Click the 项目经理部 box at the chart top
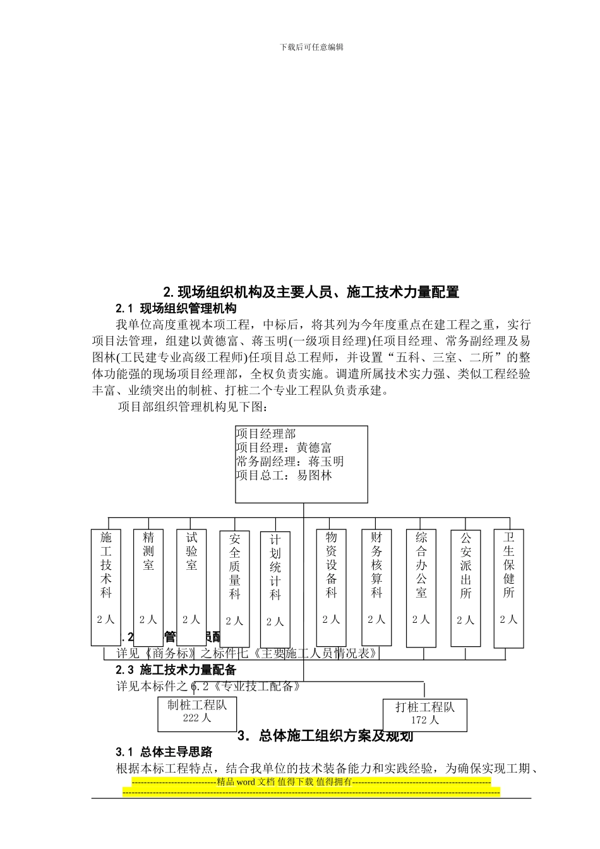pyautogui.click(x=301, y=464)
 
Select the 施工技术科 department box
pyautogui.click(x=105, y=587)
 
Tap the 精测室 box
pyautogui.click(x=148, y=587)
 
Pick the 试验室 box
pyautogui.click(x=191, y=587)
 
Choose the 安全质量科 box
pyautogui.click(x=234, y=589)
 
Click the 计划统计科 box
pyautogui.click(x=275, y=589)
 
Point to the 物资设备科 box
pyautogui.click(x=332, y=587)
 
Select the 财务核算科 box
pyautogui.click(x=376, y=587)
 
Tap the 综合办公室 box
pyautogui.click(x=421, y=587)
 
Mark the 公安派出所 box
pyautogui.click(x=465, y=587)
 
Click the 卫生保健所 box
pyautogui.click(x=508, y=587)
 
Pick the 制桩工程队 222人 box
pyautogui.click(x=197, y=713)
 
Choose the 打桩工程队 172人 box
pyautogui.click(x=425, y=714)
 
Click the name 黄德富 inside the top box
pyautogui.click(x=314, y=448)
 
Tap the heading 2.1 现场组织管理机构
pyautogui.click(x=176, y=308)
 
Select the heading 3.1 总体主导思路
pyautogui.click(x=164, y=752)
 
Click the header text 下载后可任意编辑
pyautogui.click(x=312, y=47)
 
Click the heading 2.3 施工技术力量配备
pyautogui.click(x=176, y=670)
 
